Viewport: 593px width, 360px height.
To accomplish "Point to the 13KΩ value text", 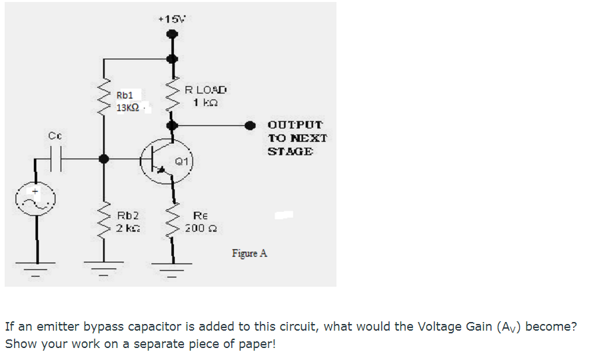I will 128,108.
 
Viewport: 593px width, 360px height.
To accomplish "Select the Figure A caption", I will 249,253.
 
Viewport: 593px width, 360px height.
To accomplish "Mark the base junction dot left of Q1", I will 103,159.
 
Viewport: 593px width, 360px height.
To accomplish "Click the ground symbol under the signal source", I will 36,271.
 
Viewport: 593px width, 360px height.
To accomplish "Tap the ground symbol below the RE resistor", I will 173,271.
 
